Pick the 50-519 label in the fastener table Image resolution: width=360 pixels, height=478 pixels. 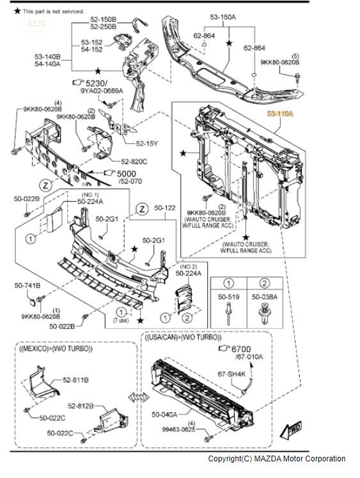pyautogui.click(x=228, y=297)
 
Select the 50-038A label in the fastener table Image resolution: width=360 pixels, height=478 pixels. pyautogui.click(x=264, y=297)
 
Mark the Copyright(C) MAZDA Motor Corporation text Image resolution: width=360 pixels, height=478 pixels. pyautogui.click(x=276, y=459)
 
